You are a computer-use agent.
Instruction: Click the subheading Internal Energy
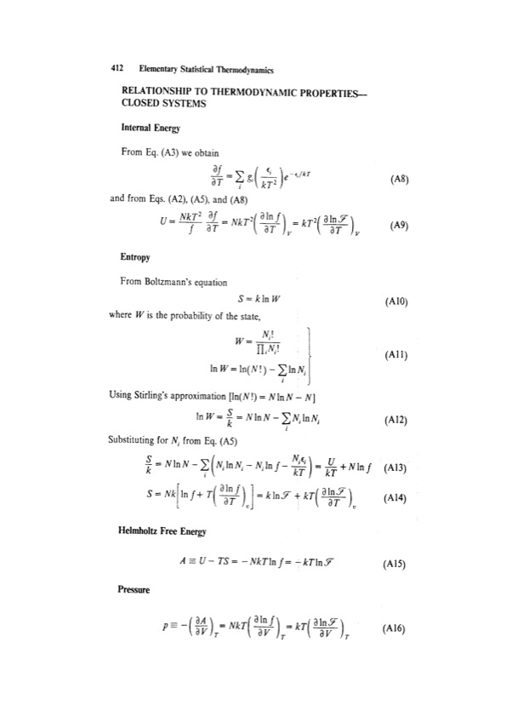(152, 130)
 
